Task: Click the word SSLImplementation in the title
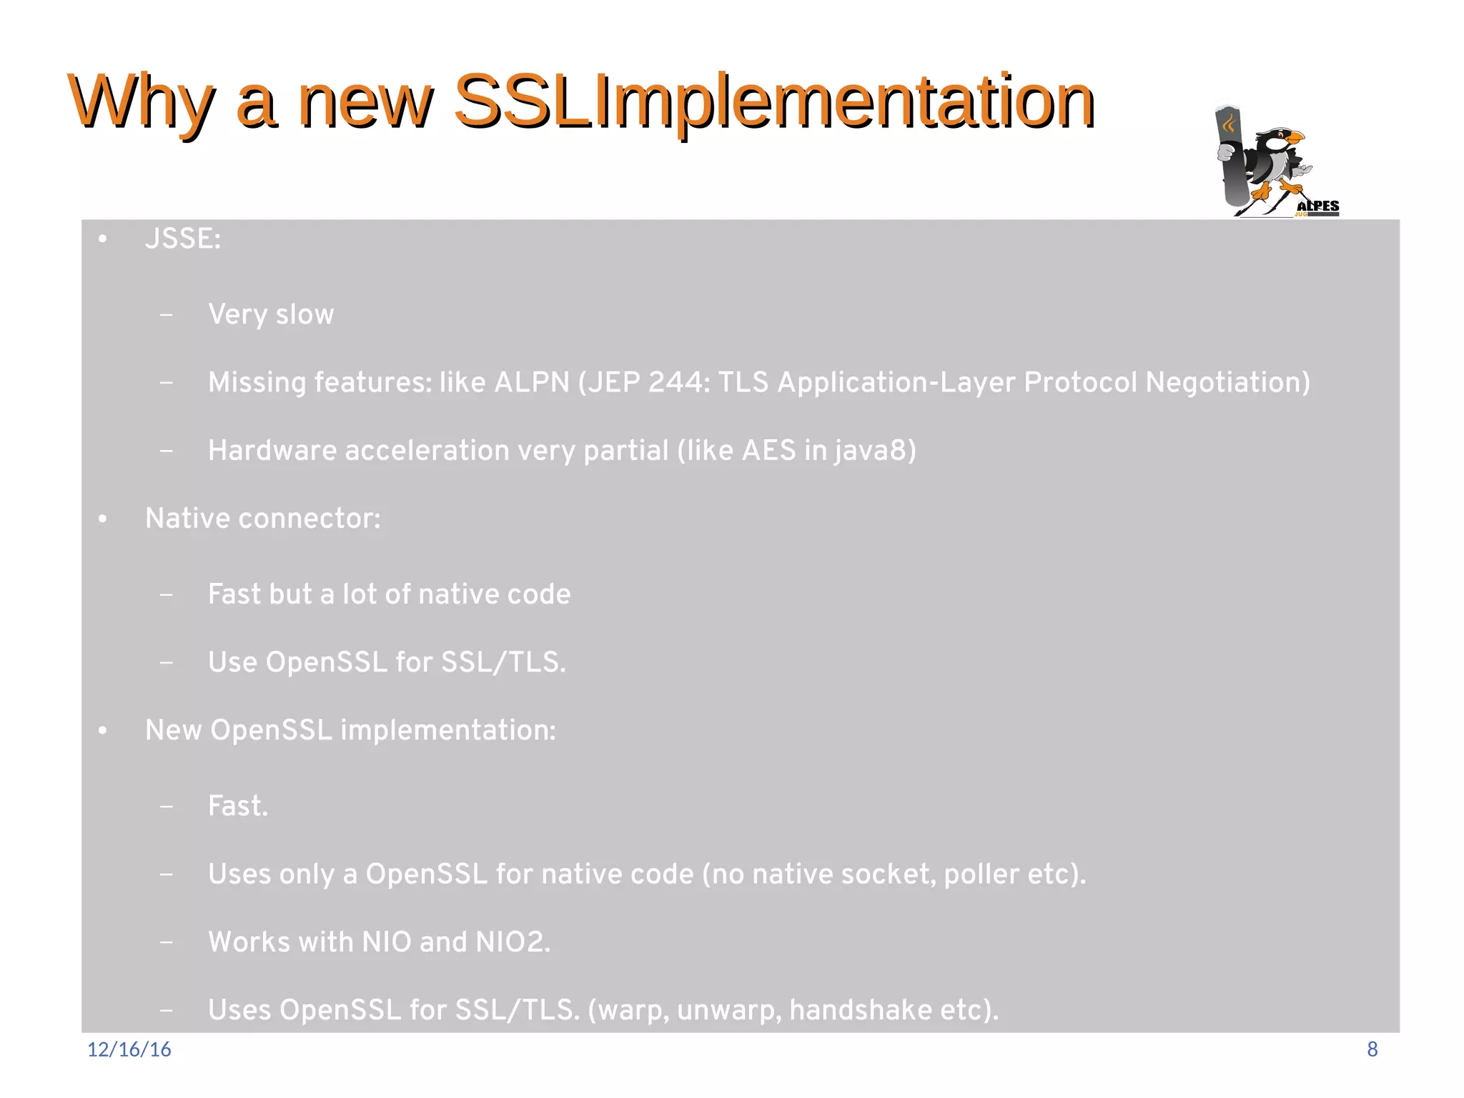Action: coord(773,101)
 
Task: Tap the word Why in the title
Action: coord(142,101)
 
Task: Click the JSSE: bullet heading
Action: coord(183,239)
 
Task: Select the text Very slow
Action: coord(271,314)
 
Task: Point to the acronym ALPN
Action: coord(532,382)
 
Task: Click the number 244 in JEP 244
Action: coord(678,382)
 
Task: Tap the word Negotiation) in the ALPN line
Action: coord(1227,382)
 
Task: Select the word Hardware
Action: coord(272,451)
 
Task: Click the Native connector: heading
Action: coord(262,519)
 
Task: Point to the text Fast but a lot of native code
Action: coord(389,594)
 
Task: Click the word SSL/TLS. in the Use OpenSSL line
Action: coord(503,662)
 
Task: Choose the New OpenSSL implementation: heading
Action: coord(350,730)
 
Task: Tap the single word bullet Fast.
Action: coord(237,806)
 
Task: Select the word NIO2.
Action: coord(513,942)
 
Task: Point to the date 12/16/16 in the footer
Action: coord(129,1049)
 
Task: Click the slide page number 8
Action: coord(1372,1049)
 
